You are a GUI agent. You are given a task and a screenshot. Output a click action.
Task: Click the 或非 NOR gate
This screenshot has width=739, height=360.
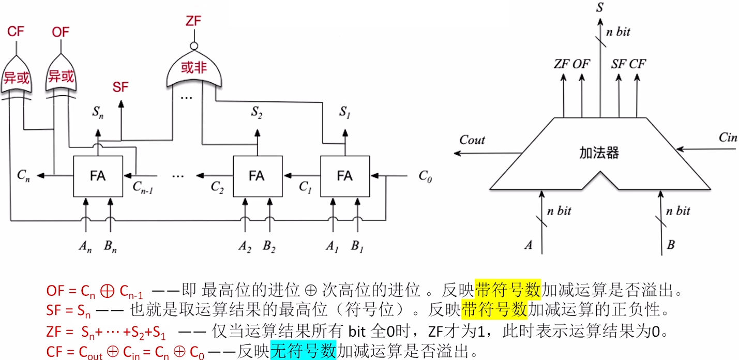(x=194, y=70)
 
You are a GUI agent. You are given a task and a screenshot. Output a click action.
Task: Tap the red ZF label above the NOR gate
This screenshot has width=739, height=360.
(x=193, y=22)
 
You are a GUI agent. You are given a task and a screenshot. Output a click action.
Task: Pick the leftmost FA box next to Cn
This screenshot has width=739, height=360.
(x=98, y=176)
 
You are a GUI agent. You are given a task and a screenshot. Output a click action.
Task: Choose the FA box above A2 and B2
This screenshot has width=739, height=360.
(x=257, y=176)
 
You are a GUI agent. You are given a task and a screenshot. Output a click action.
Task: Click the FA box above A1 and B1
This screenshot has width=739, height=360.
(x=345, y=176)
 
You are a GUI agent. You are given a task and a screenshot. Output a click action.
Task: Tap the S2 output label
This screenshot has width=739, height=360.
(x=257, y=112)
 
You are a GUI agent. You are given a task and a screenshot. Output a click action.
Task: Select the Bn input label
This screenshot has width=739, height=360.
(x=110, y=247)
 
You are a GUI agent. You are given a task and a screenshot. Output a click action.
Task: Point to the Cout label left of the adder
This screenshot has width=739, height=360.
(x=472, y=140)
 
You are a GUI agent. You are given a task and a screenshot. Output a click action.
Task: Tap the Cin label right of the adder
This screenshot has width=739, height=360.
(x=727, y=137)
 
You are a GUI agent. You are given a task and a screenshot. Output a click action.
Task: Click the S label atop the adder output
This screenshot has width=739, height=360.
(x=599, y=7)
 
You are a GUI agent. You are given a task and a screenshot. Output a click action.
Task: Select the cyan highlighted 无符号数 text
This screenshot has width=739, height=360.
(x=303, y=351)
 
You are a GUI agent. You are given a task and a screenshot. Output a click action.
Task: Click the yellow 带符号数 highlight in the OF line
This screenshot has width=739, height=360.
(x=508, y=290)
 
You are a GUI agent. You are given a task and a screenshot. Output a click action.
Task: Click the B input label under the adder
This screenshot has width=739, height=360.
(x=671, y=245)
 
